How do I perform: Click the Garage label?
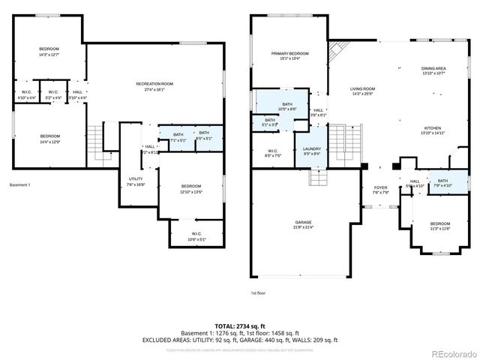pos(302,223)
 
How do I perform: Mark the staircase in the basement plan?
pos(95,138)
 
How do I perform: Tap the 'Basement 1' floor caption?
pos(21,184)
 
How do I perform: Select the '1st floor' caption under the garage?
pos(258,293)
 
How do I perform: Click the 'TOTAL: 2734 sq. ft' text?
pos(239,326)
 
